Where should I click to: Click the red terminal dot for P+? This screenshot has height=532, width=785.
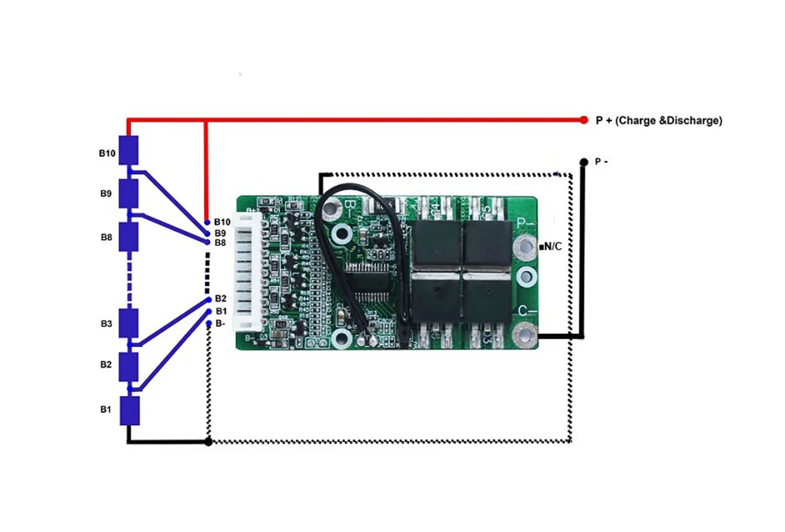coord(584,120)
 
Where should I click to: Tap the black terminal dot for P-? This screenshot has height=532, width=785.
coord(584,162)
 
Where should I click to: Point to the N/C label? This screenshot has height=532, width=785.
coord(552,247)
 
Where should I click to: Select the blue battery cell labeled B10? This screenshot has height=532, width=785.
coord(128,150)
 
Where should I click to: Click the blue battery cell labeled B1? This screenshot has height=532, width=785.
coord(129,411)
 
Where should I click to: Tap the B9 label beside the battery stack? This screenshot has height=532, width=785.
coord(106,194)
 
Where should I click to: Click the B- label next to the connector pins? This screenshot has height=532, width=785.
coord(221,323)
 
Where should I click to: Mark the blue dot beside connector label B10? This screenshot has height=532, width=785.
coord(208,222)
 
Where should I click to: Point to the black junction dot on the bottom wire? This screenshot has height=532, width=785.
coord(209,442)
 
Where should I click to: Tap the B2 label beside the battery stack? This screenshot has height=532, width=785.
coord(106,365)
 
